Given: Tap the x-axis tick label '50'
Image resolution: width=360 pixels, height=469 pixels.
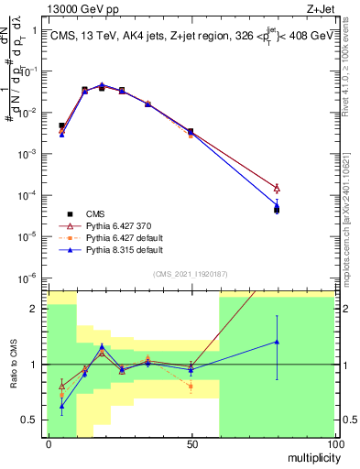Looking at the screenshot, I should [191, 443].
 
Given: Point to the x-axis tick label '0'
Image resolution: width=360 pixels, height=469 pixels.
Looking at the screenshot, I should [48, 443].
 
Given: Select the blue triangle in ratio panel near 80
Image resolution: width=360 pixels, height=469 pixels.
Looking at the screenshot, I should [277, 342].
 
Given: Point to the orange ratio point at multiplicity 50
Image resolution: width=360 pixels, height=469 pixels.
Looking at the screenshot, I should [191, 387].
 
